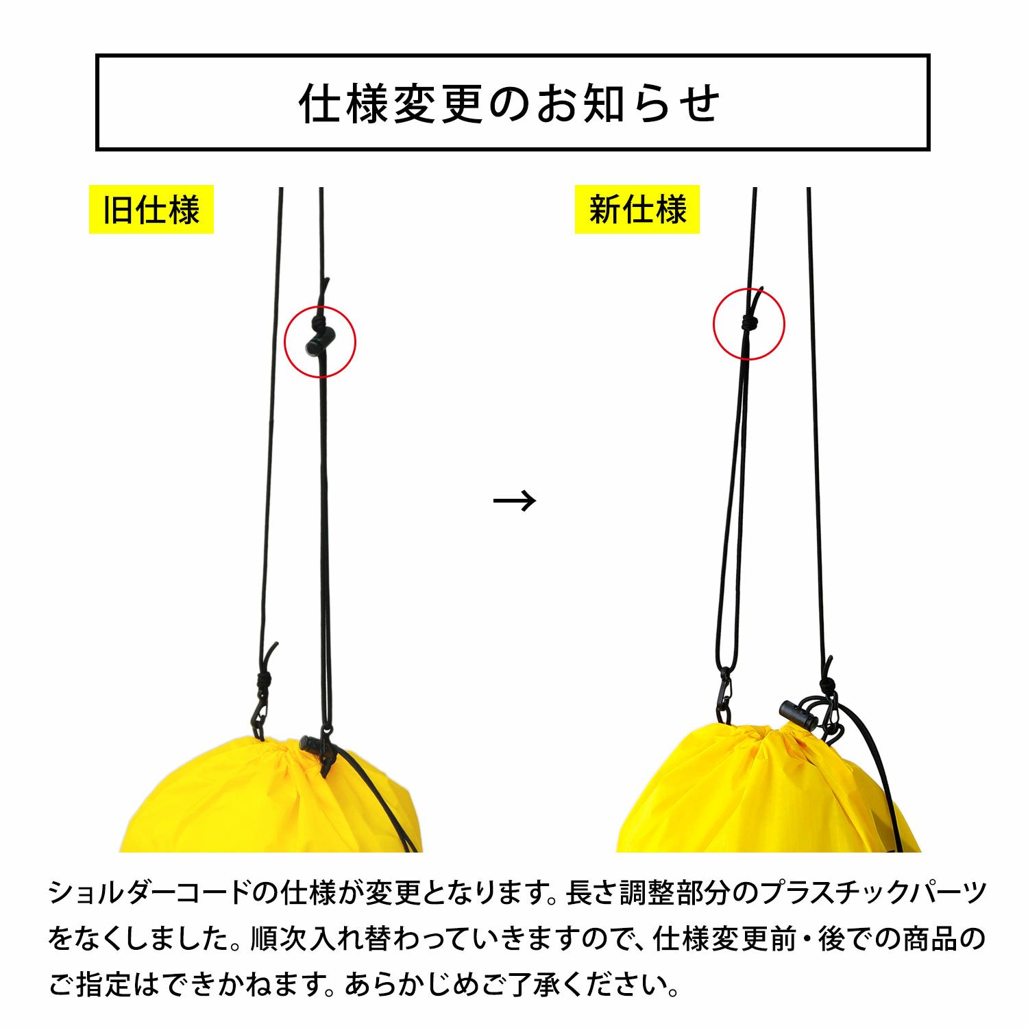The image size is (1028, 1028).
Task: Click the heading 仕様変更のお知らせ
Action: pos(511,103)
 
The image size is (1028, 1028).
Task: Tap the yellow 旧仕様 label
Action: pos(151,209)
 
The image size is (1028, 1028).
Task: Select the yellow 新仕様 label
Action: pos(637,209)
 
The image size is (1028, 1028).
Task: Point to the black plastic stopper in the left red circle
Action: pos(319,340)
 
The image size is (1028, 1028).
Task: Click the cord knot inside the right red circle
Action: pos(748,322)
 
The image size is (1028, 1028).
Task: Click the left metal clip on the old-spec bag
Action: pos(259,716)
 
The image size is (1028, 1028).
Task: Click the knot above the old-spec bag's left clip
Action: pos(264,681)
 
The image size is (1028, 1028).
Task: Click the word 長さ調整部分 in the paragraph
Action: pos(647,892)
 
